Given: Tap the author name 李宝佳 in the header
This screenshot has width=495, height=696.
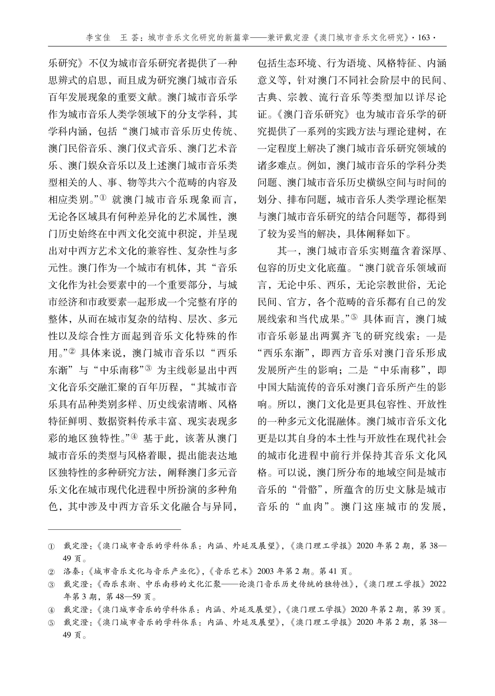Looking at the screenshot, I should pyautogui.click(x=98, y=38).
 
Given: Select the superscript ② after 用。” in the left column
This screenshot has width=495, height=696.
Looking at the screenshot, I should pyautogui.click(x=72, y=351).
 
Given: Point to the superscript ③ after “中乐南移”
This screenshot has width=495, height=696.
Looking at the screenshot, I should pyautogui.click(x=148, y=368).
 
